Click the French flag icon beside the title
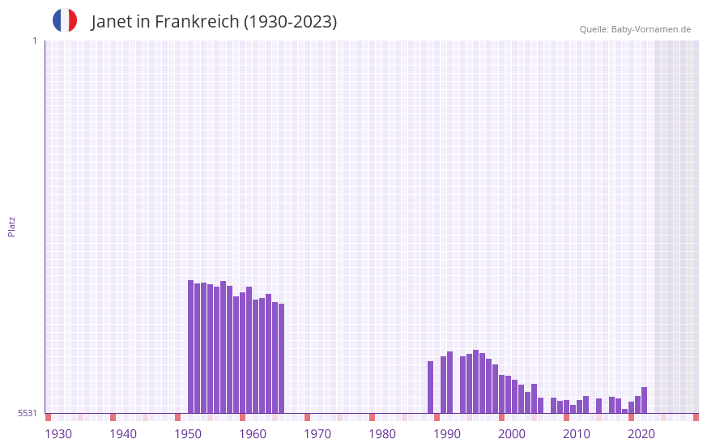click(65, 20)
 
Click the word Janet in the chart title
click(111, 22)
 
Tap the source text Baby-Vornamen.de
click(650, 29)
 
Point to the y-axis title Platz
click(11, 226)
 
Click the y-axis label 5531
click(28, 413)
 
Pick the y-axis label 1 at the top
click(34, 40)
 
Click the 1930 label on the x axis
click(58, 434)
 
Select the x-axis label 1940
click(123, 434)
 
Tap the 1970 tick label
click(317, 434)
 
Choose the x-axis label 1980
click(382, 434)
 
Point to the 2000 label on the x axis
click(512, 434)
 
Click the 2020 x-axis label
click(641, 434)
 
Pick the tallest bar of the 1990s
click(476, 381)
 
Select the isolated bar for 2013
click(599, 406)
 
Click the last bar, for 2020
click(645, 400)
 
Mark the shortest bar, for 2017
click(625, 411)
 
